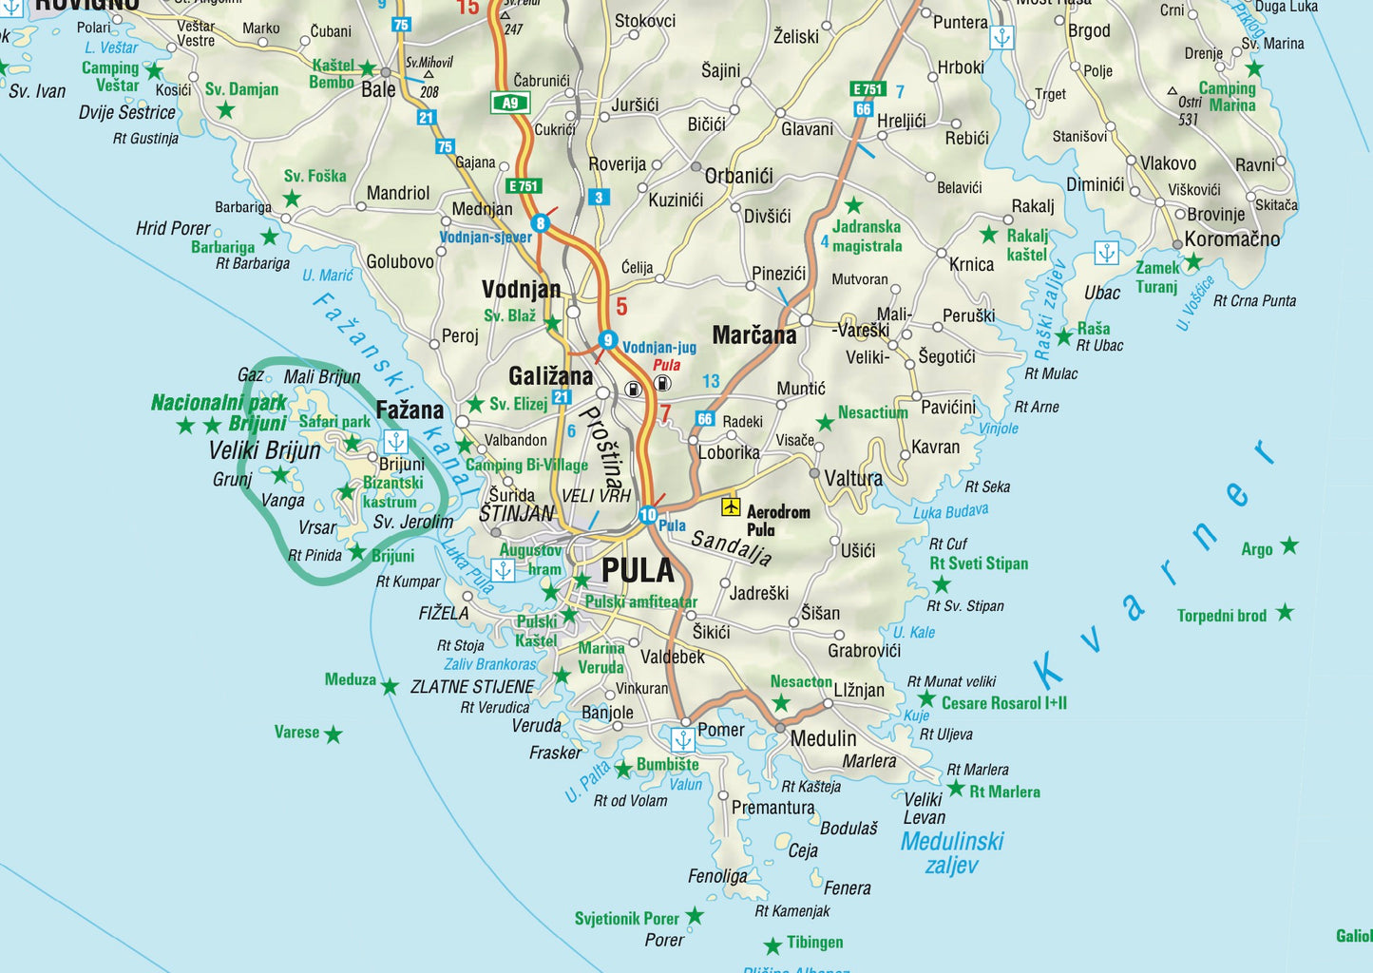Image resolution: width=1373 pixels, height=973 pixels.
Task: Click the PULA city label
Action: pyautogui.click(x=638, y=570)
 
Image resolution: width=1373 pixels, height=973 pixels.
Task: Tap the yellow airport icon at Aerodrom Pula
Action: pyautogui.click(x=730, y=506)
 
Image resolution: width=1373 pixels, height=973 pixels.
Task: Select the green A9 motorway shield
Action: pyautogui.click(x=510, y=103)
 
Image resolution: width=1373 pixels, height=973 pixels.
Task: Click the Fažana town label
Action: pyautogui.click(x=410, y=410)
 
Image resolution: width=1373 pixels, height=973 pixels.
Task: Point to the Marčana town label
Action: pyautogui.click(x=754, y=335)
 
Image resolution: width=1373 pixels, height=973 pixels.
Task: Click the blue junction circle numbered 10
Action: pyautogui.click(x=648, y=515)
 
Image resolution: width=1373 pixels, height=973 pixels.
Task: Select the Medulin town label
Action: pyautogui.click(x=823, y=739)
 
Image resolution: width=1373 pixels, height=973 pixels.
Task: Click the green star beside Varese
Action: pyautogui.click(x=333, y=735)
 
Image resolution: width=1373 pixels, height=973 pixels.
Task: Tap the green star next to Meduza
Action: pyautogui.click(x=390, y=686)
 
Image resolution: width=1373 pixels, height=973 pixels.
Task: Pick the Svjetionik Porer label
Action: pyautogui.click(x=626, y=919)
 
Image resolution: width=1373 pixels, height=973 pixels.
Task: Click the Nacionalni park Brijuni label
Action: pyautogui.click(x=219, y=412)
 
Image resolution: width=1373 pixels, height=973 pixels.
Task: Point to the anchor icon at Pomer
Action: pyautogui.click(x=682, y=738)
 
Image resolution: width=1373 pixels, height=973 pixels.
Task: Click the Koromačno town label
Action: pyautogui.click(x=1231, y=239)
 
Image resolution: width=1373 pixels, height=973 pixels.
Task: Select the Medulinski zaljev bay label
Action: pyautogui.click(x=952, y=852)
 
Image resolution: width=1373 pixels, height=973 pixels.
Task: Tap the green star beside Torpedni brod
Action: pyautogui.click(x=1285, y=612)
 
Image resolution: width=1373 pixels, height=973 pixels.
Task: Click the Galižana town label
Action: pyautogui.click(x=550, y=376)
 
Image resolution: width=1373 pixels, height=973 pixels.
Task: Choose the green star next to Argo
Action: pyautogui.click(x=1288, y=545)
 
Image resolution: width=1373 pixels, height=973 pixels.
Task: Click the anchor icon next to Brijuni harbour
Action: pyautogui.click(x=395, y=441)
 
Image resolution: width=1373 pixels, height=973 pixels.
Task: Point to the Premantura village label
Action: pyautogui.click(x=772, y=808)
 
